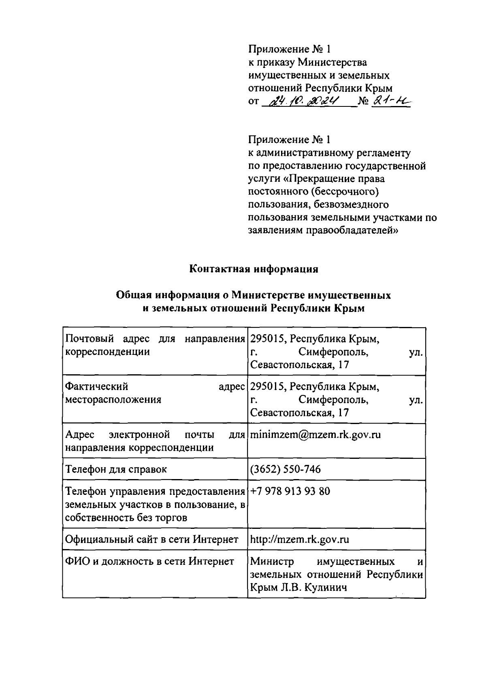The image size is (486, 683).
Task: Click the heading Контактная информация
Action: (254, 269)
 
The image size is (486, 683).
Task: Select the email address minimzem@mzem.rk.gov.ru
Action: (315, 435)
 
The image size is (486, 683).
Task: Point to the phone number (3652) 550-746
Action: (286, 469)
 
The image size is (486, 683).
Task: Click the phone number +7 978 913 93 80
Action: (290, 491)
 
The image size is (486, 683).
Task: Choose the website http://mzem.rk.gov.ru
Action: (300, 539)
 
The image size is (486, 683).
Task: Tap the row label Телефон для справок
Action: (116, 469)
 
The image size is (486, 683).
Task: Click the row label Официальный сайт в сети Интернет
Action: (152, 539)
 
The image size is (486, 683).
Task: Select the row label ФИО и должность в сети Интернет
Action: (149, 561)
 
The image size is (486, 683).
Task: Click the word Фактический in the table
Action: (97, 387)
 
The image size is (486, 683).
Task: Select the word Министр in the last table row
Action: (272, 562)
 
